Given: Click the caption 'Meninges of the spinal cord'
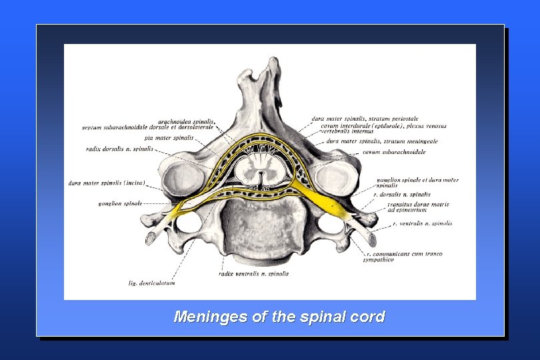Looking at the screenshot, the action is pos(279,317).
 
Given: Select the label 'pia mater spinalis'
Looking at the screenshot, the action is pos(170,138).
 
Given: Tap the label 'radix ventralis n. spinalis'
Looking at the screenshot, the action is pos(253,273).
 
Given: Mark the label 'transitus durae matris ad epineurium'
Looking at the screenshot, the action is pos(419,207).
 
